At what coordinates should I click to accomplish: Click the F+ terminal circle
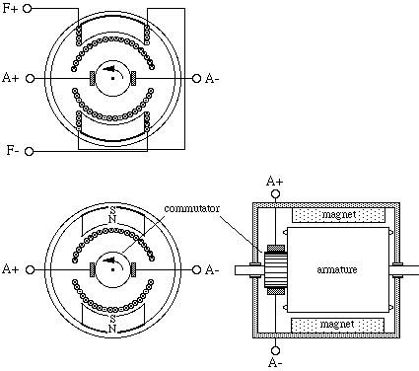(28, 9)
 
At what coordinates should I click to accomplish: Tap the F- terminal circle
(30, 151)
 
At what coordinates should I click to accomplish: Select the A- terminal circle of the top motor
(196, 79)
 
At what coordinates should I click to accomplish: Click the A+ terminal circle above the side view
(275, 194)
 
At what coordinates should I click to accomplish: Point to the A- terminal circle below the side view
(275, 350)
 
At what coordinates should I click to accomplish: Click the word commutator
(192, 208)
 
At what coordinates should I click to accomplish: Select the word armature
(337, 269)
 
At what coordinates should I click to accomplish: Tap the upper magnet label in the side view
(339, 215)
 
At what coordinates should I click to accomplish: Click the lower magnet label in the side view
(337, 325)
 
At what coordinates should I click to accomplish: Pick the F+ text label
(10, 9)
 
